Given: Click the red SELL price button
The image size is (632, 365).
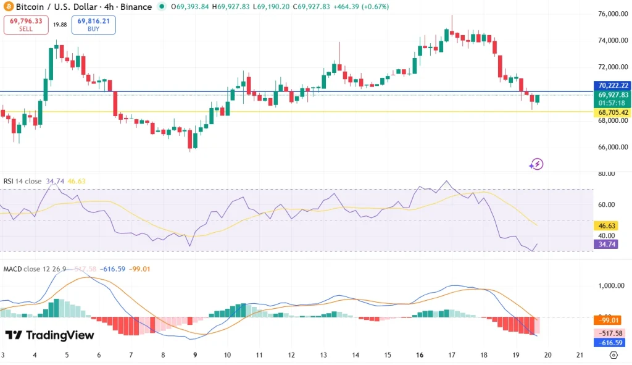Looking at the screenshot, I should [x=25, y=25].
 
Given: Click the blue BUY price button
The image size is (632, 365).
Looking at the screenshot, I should [x=94, y=25].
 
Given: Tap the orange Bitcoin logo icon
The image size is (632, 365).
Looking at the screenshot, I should [x=7, y=7].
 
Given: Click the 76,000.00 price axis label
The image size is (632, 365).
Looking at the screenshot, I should [x=613, y=14].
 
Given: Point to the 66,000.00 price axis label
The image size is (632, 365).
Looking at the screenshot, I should [x=613, y=147].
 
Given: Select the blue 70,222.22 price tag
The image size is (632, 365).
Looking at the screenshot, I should [x=613, y=85].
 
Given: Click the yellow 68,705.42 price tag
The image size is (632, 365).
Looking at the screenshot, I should [x=613, y=112].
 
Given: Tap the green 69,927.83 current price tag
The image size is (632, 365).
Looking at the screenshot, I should [x=613, y=95].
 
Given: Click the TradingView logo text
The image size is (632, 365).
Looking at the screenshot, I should [x=49, y=335].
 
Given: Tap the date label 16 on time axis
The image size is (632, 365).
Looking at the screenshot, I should [x=420, y=355].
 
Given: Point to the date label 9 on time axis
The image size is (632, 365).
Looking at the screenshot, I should [x=195, y=355].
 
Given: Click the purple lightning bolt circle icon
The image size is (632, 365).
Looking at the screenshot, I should [x=536, y=164].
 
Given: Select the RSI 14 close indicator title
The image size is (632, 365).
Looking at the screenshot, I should [x=22, y=181].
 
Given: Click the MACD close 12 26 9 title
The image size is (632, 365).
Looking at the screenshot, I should [x=36, y=269].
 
